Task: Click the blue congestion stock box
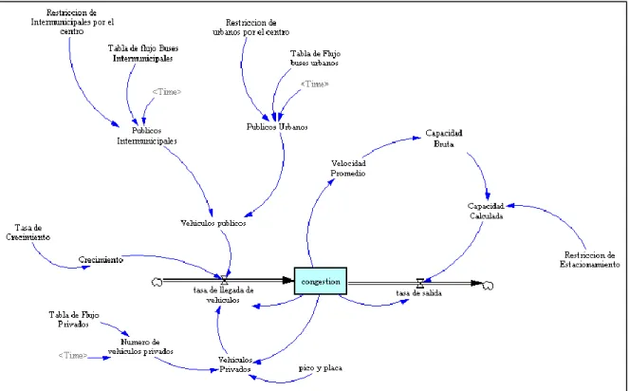(x=321, y=281)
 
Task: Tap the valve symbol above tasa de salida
(x=420, y=284)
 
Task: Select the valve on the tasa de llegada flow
(x=224, y=280)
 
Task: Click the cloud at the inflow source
(x=157, y=282)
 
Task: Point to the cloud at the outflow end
(x=488, y=286)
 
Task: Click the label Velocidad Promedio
(x=348, y=168)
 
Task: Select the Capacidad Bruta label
(x=444, y=139)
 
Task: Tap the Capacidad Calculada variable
(x=486, y=211)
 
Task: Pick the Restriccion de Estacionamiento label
(x=590, y=260)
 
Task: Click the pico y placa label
(x=321, y=367)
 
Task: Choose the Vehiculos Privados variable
(x=235, y=364)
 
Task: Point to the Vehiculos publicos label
(x=213, y=223)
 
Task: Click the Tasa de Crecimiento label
(x=28, y=233)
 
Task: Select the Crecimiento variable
(x=101, y=260)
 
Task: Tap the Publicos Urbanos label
(x=277, y=127)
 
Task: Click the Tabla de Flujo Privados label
(x=74, y=320)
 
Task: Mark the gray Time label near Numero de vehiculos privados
(x=73, y=355)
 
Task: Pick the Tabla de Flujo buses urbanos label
(x=315, y=58)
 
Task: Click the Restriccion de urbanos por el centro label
(x=251, y=28)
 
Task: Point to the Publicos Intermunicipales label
(x=147, y=136)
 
